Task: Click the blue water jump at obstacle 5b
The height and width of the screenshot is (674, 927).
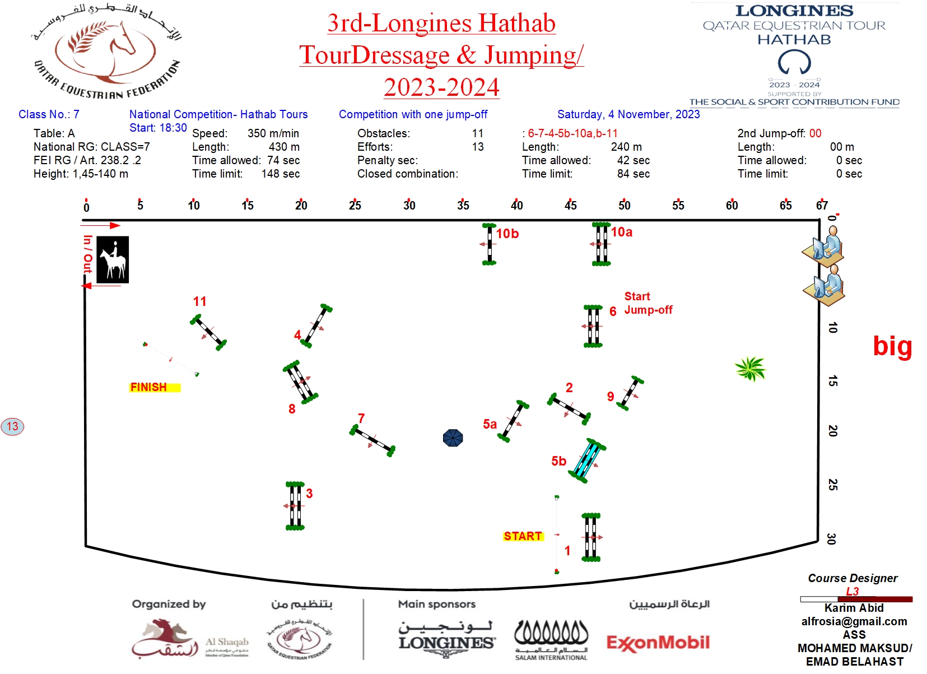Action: (587, 461)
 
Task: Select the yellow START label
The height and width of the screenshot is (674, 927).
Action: (523, 536)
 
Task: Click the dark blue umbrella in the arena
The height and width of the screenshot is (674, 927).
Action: (453, 438)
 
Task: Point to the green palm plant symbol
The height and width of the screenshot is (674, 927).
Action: (750, 368)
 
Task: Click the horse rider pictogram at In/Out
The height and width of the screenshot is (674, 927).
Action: (113, 259)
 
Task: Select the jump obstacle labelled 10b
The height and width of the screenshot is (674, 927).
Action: (489, 244)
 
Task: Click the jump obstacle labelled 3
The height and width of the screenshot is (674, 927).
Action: (295, 505)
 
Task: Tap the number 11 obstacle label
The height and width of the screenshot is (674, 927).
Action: (199, 301)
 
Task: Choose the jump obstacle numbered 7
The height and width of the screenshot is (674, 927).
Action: (372, 440)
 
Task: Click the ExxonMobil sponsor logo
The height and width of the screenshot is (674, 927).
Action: (658, 643)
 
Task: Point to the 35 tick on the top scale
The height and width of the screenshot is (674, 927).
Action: (463, 205)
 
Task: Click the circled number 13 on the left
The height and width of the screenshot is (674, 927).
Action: (12, 426)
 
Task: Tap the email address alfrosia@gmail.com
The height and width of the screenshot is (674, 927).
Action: (854, 621)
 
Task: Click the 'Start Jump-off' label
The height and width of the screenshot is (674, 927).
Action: (647, 303)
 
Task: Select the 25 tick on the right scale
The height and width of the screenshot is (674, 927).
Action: (833, 484)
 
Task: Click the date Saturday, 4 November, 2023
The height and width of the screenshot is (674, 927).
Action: (628, 114)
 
